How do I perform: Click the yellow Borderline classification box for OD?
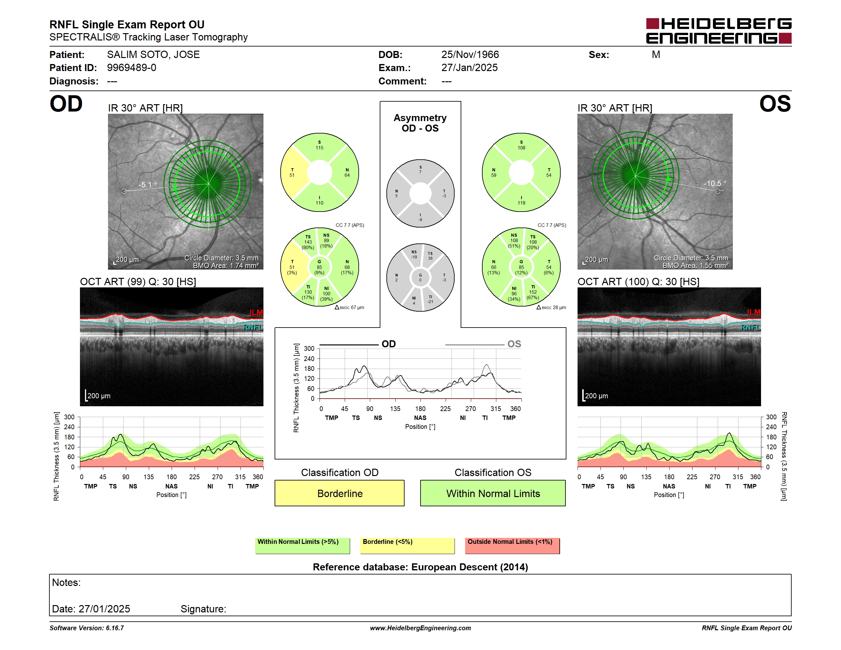(x=339, y=493)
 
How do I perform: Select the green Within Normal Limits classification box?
(x=493, y=493)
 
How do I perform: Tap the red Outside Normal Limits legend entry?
(x=512, y=545)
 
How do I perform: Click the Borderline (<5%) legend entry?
(x=407, y=545)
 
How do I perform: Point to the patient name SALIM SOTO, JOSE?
(x=153, y=55)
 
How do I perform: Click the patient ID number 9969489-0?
(x=132, y=68)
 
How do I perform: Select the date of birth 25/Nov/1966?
(x=470, y=55)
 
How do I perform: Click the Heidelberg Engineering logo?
(x=719, y=31)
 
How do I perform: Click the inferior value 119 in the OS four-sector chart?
(x=521, y=203)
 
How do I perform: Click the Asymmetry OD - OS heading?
(x=420, y=123)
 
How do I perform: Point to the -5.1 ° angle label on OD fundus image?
(x=148, y=185)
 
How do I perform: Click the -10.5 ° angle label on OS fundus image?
(x=715, y=184)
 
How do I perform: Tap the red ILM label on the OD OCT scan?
(x=256, y=313)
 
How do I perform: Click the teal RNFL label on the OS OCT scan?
(x=751, y=327)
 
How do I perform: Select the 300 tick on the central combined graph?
(x=309, y=349)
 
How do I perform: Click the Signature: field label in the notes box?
(x=203, y=609)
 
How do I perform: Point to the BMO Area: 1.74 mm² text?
(x=226, y=265)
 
